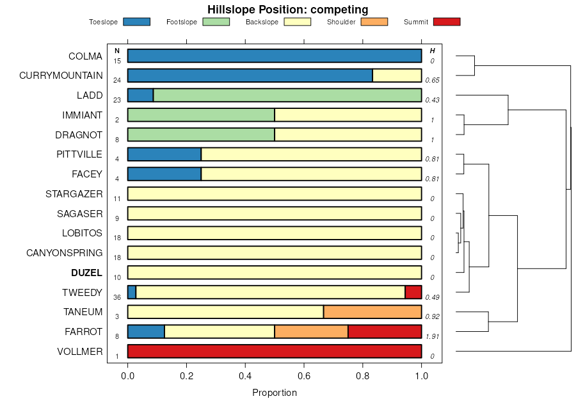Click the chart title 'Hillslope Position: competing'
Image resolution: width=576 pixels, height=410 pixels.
coord(287,9)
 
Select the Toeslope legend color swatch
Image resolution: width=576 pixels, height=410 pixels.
coord(136,22)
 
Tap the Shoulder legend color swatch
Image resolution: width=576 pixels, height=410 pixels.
coord(374,22)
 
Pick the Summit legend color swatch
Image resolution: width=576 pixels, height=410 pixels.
coord(446,22)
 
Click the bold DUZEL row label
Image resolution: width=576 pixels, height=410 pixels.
coord(86,272)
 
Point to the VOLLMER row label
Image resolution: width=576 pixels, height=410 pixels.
coord(79,351)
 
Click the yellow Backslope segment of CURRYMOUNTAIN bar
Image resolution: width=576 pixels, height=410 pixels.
coord(397,76)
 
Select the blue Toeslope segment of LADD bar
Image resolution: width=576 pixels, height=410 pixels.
coord(140,95)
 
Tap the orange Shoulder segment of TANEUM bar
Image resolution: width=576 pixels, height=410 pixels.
coord(372,312)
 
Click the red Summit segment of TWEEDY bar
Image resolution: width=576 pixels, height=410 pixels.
coord(413,292)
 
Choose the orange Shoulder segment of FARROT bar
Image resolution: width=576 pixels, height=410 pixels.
coord(311,332)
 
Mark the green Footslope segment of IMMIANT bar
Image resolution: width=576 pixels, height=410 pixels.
coord(201,115)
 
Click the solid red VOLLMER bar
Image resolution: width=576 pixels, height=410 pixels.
coord(275,351)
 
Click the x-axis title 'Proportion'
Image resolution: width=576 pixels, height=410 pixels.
coord(275,393)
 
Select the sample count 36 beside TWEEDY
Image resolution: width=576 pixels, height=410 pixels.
coord(117,297)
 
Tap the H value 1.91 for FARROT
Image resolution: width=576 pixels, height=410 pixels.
coord(433,336)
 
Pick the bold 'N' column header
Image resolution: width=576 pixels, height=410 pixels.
coord(117,51)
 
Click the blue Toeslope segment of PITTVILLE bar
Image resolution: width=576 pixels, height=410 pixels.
coord(164,154)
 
